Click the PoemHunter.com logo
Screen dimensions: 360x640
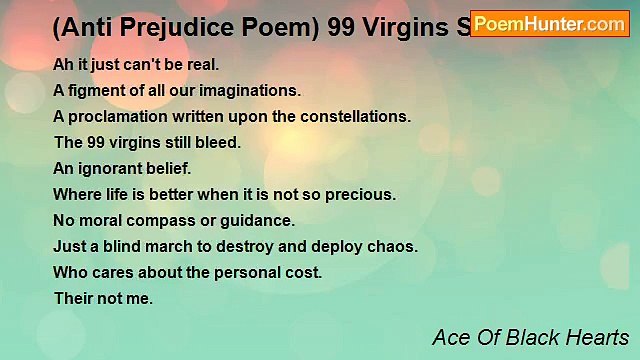pos(551,23)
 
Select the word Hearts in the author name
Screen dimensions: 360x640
pos(597,336)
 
